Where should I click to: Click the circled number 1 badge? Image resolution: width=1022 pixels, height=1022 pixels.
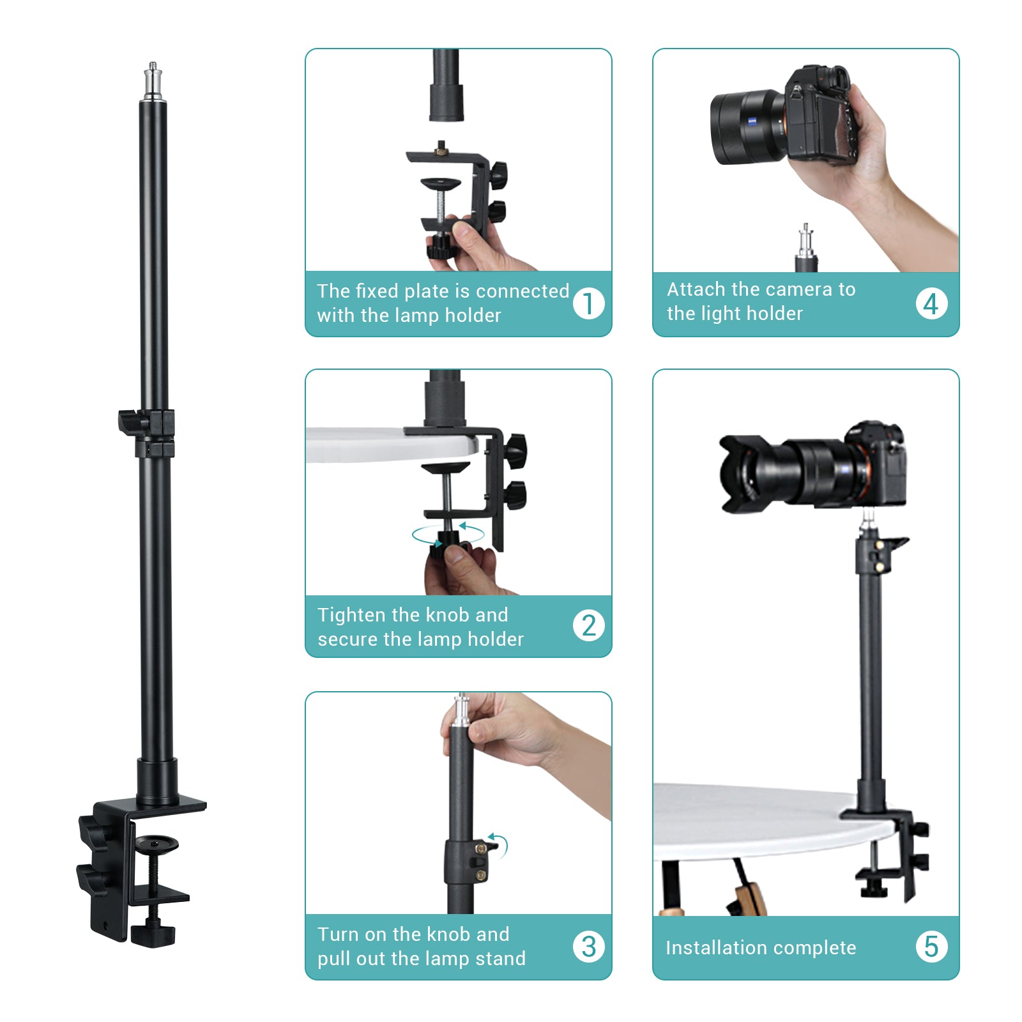[588, 303]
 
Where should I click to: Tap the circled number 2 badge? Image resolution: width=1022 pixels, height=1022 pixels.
[588, 625]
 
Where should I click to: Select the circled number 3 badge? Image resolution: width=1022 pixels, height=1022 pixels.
[588, 947]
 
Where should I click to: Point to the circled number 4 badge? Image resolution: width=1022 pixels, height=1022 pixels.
[931, 303]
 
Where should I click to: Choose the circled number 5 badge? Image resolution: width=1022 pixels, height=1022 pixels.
[931, 947]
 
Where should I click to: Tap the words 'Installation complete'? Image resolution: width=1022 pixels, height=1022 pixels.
[760, 948]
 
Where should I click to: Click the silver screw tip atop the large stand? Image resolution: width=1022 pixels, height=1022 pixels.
[153, 80]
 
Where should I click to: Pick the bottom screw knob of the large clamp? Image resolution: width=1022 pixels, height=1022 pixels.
[153, 934]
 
